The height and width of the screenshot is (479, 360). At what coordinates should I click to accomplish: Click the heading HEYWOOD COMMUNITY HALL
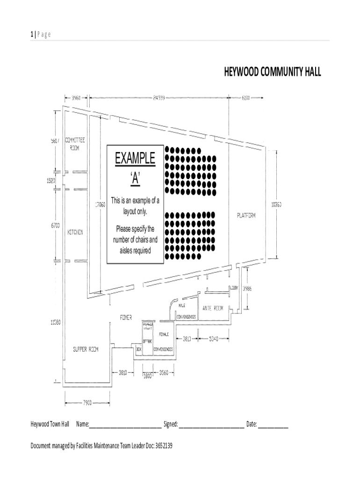273,73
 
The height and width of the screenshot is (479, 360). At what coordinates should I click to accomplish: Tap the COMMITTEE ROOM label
75,144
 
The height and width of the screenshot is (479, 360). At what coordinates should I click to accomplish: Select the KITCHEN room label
75,232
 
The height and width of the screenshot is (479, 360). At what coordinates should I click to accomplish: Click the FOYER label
125,317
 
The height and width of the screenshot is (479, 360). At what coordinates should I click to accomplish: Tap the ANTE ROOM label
213,308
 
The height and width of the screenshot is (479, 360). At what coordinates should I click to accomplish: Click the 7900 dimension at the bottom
87,402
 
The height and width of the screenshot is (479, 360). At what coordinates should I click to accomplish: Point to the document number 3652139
161,446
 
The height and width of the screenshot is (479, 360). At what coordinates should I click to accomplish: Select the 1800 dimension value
148,375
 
